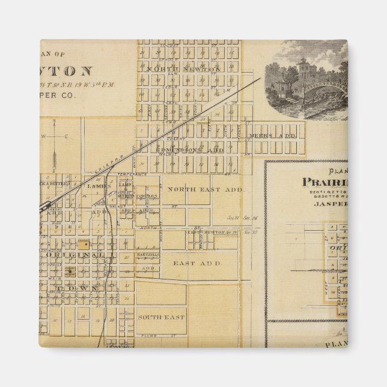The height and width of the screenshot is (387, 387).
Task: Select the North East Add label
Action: (205, 189)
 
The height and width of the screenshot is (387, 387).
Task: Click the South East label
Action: (160, 317)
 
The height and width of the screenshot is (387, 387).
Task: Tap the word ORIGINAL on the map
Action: (75, 255)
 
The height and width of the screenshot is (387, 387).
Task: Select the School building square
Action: (85, 244)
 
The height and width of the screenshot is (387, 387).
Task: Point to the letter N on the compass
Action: (53, 123)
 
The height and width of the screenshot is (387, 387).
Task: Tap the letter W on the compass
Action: (43, 136)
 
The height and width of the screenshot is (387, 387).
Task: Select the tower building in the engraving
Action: (305, 71)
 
